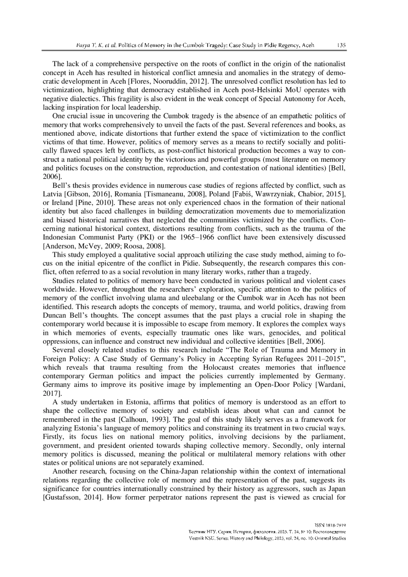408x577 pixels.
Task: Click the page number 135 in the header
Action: (341, 45)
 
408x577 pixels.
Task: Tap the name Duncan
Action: (54, 315)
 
